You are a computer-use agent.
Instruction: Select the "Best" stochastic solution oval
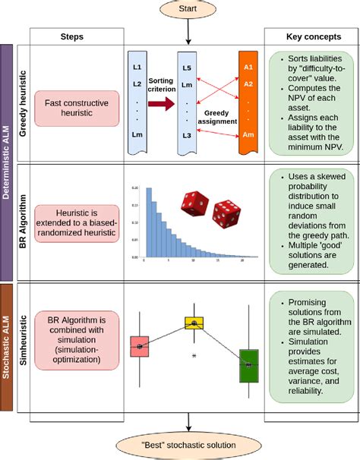186,444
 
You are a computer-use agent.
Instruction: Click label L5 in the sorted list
187,69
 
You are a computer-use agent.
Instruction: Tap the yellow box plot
194,323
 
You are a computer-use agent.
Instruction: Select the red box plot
140,347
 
